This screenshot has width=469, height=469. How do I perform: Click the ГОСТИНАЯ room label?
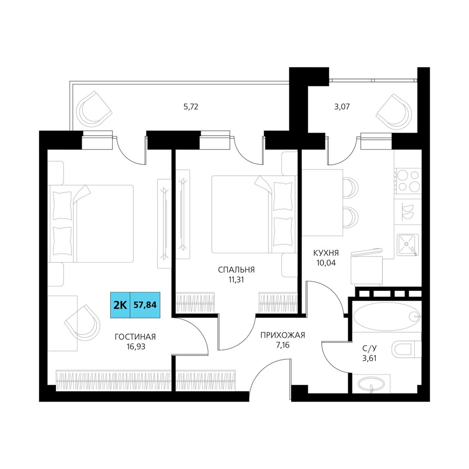(135, 337)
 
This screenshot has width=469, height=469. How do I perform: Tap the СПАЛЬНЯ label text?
(236, 270)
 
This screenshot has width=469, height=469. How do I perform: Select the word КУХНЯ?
(326, 253)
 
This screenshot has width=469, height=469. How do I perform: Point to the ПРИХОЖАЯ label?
(283, 335)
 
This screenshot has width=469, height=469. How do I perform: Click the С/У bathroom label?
(370, 348)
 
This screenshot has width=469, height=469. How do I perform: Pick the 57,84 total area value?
(145, 305)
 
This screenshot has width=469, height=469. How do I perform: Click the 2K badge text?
(121, 305)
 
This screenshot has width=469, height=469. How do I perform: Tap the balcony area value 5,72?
(191, 107)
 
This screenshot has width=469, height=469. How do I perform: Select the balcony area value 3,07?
(342, 107)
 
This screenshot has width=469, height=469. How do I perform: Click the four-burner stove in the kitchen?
(408, 181)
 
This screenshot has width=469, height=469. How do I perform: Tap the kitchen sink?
(408, 245)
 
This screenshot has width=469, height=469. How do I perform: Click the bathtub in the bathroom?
(386, 316)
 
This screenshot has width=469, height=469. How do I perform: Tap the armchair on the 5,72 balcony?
(94, 108)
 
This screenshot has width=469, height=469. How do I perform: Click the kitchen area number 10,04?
(326, 263)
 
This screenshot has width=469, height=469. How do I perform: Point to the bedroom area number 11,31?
(236, 280)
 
